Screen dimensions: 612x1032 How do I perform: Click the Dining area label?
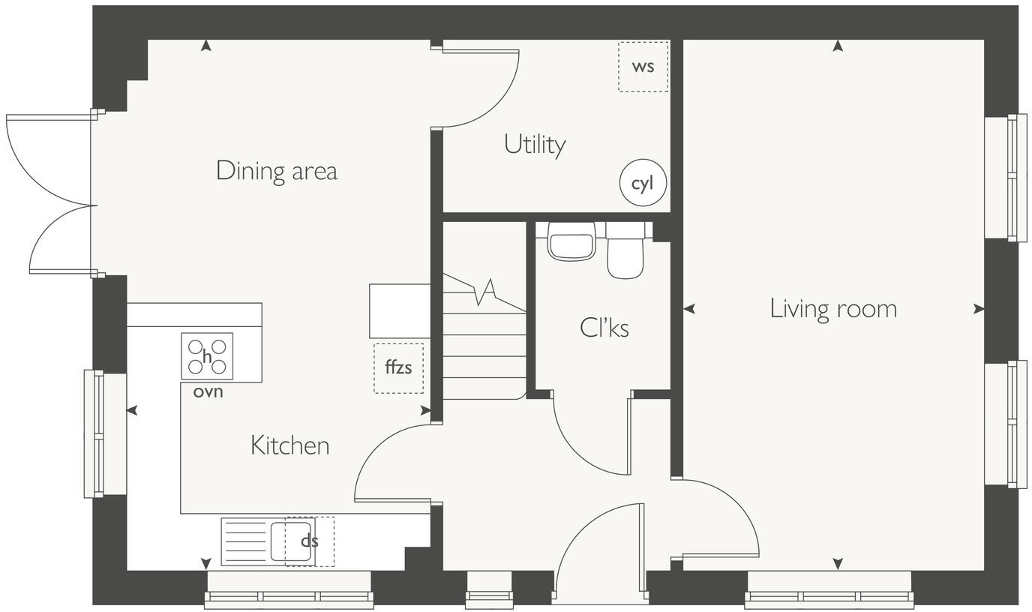pos(277,171)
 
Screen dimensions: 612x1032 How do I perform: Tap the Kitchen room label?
pos(289,445)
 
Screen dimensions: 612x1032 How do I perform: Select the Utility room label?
pos(535,144)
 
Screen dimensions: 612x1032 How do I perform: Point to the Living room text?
pos(833,309)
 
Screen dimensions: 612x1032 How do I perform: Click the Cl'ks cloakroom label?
pos(604,328)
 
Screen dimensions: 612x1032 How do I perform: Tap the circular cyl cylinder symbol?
pos(643,184)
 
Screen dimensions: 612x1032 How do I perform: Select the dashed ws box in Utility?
pos(643,67)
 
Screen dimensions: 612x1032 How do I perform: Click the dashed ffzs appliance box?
pos(398,368)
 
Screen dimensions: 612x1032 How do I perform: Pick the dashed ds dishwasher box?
pos(309,541)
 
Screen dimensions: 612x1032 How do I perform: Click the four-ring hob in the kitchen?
pos(207,356)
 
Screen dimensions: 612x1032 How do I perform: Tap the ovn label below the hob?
pos(208,391)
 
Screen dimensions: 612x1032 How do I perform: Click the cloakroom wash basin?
pos(571,242)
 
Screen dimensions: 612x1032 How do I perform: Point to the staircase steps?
pos(484,345)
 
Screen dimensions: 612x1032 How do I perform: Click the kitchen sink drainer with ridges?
pos(245,541)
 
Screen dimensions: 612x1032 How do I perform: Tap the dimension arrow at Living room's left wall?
pos(689,308)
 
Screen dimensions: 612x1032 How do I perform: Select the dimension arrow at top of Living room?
pos(838,46)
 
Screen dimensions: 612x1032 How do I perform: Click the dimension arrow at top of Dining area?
pos(205,46)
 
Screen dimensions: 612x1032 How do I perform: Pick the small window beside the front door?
pos(489,588)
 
